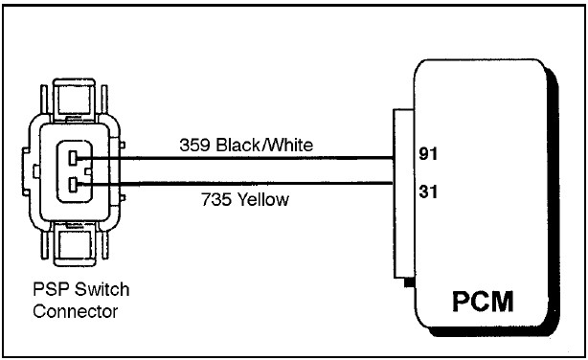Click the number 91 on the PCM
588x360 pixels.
coord(428,154)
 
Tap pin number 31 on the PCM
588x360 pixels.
coord(428,191)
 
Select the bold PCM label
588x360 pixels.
coord(483,302)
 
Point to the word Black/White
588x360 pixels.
coord(264,146)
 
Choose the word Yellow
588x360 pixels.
coord(263,199)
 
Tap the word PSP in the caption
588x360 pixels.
coord(51,289)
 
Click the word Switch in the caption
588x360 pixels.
coord(102,289)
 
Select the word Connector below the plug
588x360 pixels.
coord(75,311)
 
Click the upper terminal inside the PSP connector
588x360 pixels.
coord(74,158)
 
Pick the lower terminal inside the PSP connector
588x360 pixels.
coord(74,185)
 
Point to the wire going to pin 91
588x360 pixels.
coord(236,158)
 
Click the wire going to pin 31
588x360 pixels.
coord(236,184)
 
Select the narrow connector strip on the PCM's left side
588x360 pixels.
coord(403,193)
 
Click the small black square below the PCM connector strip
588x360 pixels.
coord(409,282)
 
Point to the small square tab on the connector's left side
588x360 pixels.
coord(36,171)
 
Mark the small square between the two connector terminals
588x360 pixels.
coord(88,171)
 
